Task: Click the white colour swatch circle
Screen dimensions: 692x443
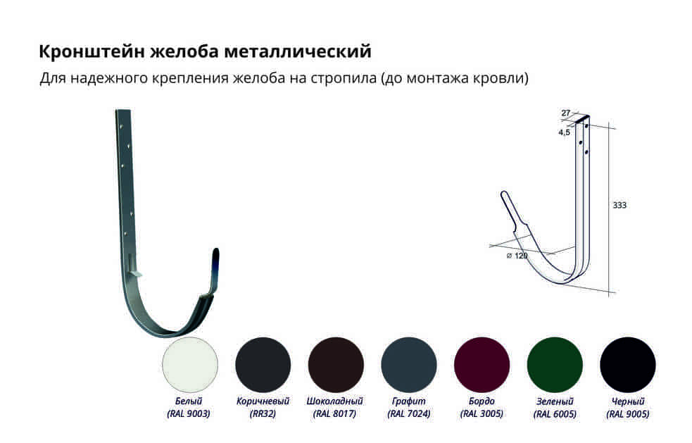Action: [x=190, y=365]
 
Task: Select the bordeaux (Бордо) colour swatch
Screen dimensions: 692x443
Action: [x=482, y=365]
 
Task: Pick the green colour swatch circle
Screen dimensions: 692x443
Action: [x=555, y=365]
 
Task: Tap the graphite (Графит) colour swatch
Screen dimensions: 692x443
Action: [x=409, y=365]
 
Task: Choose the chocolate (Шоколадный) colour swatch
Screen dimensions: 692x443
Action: [x=336, y=365]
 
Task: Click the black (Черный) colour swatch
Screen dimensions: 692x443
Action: [x=627, y=365]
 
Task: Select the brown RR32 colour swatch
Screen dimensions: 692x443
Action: [x=263, y=365]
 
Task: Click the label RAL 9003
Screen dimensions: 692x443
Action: [x=189, y=414]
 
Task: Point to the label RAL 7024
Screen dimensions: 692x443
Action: [x=409, y=414]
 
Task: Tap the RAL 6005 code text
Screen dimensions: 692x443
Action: [x=555, y=414]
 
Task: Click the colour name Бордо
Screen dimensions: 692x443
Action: [x=482, y=401]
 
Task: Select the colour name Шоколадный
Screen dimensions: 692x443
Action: [x=334, y=401]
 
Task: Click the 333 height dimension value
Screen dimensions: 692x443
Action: [x=619, y=205]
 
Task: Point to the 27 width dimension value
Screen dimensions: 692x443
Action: [x=566, y=113]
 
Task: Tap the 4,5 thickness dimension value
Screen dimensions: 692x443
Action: [x=564, y=132]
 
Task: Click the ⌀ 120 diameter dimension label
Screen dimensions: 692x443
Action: [x=517, y=256]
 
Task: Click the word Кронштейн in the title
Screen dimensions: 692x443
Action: [x=92, y=51]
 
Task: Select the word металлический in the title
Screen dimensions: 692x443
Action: [x=298, y=51]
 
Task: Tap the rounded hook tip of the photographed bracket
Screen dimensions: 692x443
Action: [x=215, y=251]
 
